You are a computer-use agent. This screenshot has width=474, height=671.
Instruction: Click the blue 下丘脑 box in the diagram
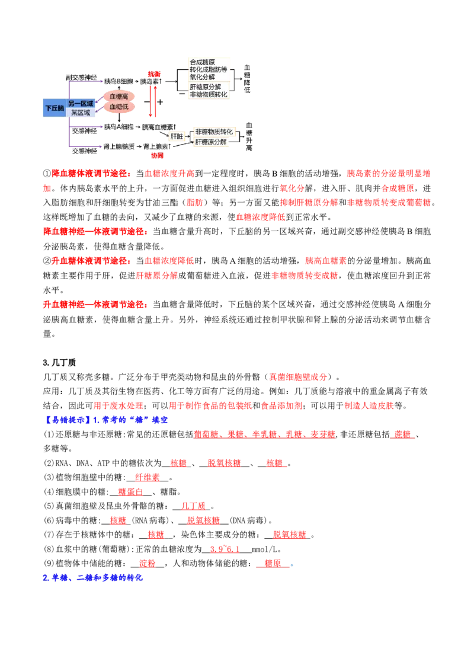tap(55, 108)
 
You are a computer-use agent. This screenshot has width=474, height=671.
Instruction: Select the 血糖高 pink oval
tap(119, 96)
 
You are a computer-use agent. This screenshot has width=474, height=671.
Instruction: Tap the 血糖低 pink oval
tap(119, 107)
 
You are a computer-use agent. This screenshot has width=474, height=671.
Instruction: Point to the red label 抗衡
tap(155, 74)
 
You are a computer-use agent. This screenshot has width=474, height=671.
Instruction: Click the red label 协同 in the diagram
tap(157, 155)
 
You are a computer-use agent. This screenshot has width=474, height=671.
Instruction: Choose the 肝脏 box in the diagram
tap(177, 136)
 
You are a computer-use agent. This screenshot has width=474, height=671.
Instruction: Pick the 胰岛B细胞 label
tap(118, 81)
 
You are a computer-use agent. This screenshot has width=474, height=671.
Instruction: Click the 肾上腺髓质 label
tap(119, 147)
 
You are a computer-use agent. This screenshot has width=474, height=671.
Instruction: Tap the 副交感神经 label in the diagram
tap(81, 78)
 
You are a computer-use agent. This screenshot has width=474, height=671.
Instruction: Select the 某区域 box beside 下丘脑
tap(81, 113)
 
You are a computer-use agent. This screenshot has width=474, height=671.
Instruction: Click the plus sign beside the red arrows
tap(160, 102)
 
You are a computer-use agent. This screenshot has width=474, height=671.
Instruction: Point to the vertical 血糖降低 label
tap(247, 79)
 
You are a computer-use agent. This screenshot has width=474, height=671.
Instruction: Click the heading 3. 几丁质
tap(59, 362)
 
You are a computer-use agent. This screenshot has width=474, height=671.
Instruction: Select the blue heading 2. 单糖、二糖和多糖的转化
tap(92, 578)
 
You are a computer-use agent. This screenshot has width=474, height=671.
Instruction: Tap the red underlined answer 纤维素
tap(147, 478)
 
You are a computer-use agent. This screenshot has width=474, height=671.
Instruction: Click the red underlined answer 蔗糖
tap(402, 434)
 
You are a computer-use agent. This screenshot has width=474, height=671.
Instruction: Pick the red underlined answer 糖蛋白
tap(130, 492)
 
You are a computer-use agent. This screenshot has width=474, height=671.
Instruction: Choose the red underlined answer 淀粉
tap(147, 563)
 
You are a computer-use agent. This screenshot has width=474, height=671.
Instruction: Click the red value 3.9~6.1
tap(225, 549)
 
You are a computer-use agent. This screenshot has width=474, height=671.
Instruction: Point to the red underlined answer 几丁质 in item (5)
tap(193, 506)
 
